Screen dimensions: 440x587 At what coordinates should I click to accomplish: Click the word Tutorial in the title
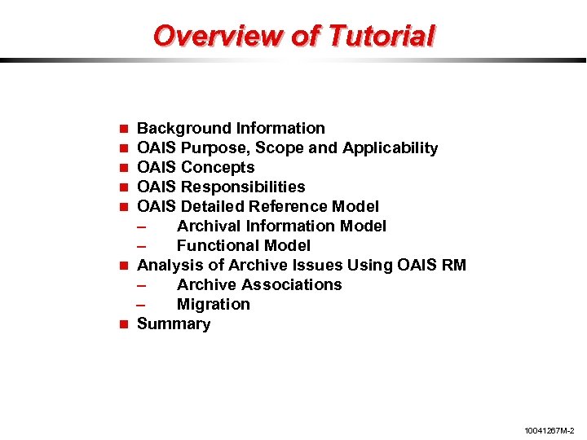point(380,36)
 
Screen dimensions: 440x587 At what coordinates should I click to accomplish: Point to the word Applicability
point(391,148)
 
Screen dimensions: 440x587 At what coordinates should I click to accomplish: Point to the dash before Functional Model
point(143,246)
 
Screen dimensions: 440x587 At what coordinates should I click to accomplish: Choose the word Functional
point(215,245)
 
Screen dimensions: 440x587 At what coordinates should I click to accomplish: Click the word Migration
point(214,304)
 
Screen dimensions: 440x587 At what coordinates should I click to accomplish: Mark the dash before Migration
point(143,305)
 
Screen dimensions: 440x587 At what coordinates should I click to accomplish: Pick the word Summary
point(174,323)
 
